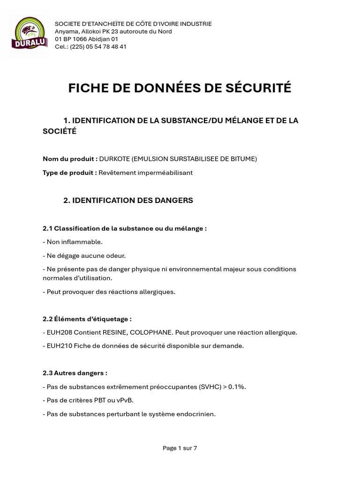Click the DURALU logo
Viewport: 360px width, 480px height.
tap(29, 34)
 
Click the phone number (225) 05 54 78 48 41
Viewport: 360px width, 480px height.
tap(98, 46)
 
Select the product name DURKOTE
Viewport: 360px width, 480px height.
tap(114, 159)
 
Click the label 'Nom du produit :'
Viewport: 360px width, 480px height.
tap(70, 159)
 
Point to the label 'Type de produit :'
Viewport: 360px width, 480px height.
tap(70, 172)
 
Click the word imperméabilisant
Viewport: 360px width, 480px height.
tap(164, 172)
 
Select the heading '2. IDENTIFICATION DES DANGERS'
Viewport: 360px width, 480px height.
tap(128, 200)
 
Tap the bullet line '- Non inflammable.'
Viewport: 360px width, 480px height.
tap(72, 242)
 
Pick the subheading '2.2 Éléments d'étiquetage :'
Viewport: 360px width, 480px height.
tap(87, 319)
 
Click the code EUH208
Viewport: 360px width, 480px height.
tap(60, 332)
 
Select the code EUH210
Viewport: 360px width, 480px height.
tap(60, 346)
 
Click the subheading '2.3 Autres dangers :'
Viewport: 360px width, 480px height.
tap(75, 373)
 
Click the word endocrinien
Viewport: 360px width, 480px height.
tap(195, 414)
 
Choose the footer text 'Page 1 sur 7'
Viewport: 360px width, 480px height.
tap(180, 448)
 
